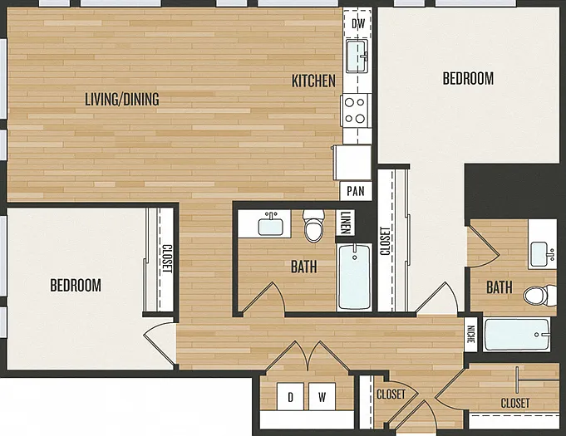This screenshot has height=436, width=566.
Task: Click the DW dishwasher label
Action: tap(358, 24)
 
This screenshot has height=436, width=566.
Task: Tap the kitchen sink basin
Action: tap(357, 56)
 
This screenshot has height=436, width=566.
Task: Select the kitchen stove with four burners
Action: tap(356, 110)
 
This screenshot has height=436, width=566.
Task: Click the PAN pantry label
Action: tap(356, 191)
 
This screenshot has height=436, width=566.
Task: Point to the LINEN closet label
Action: tap(346, 223)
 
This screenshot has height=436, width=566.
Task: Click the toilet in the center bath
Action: tap(314, 226)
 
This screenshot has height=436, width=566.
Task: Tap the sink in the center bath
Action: tap(270, 224)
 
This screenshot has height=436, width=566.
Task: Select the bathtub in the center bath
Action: tap(354, 277)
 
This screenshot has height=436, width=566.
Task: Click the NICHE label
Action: tap(471, 335)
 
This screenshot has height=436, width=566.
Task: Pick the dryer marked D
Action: tap(291, 396)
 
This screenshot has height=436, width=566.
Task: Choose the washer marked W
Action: tap(322, 396)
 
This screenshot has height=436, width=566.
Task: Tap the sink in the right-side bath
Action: tap(540, 253)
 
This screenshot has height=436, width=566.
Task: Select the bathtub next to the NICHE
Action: tap(517, 335)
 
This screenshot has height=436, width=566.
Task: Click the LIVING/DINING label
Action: tap(122, 99)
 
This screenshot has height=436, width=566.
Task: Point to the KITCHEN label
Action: tap(313, 81)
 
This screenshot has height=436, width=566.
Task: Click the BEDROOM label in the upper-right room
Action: tap(468, 78)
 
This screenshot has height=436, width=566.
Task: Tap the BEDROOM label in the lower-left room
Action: tap(76, 285)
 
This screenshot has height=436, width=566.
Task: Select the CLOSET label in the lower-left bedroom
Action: tap(167, 258)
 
